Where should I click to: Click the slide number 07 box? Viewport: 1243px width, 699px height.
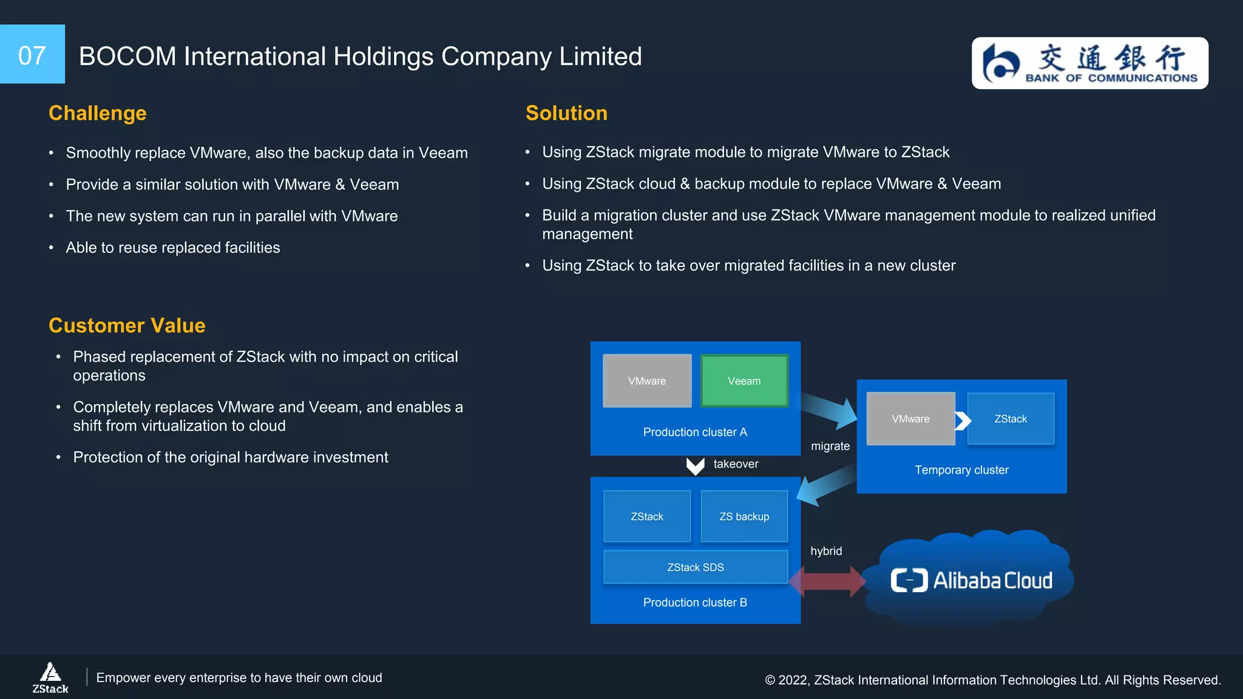(x=32, y=55)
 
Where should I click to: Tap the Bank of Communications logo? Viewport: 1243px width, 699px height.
(x=1089, y=63)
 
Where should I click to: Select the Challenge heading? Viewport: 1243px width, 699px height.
(x=97, y=113)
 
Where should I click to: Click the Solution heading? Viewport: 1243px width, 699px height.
(x=566, y=113)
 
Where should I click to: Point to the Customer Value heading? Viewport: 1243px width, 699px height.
(x=127, y=325)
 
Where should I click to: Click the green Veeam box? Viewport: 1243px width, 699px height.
(x=744, y=381)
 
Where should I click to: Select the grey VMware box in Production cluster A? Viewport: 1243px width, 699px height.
(x=647, y=381)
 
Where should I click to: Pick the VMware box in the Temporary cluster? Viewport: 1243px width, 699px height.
(x=910, y=419)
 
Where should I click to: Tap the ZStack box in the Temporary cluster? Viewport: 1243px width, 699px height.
(x=1011, y=419)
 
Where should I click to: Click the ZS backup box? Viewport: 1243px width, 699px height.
(x=744, y=516)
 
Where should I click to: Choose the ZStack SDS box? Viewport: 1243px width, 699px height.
(x=696, y=567)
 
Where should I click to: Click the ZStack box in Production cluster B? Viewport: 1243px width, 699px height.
(x=647, y=516)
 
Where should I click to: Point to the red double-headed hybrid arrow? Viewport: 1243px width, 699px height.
(x=828, y=581)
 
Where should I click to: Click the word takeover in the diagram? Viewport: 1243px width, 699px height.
(x=736, y=464)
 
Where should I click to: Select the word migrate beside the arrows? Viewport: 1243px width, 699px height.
(x=830, y=446)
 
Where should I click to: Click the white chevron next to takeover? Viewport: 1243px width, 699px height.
(x=695, y=466)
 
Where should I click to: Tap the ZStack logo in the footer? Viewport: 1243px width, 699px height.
(x=50, y=677)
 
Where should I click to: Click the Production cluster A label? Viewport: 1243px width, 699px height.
(x=695, y=432)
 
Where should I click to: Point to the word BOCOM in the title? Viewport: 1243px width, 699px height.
(x=127, y=56)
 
